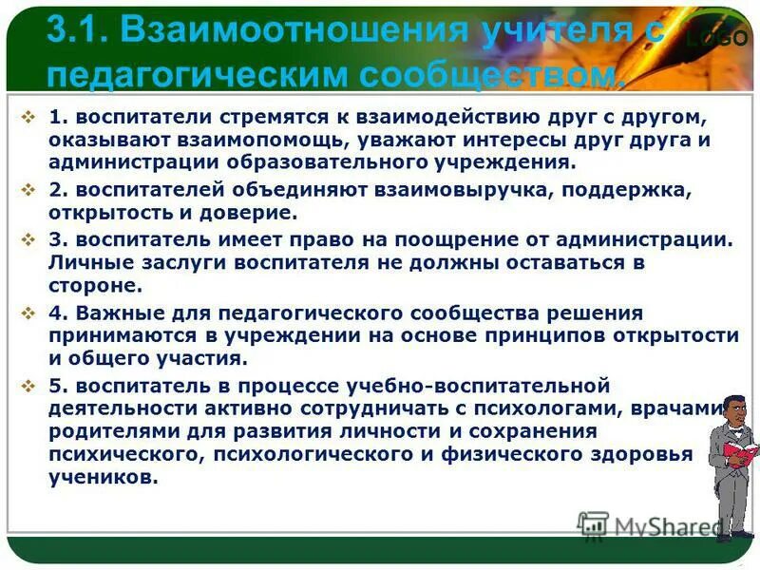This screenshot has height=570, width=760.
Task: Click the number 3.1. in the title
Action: (x=78, y=32)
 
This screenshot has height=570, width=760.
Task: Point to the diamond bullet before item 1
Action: (x=28, y=117)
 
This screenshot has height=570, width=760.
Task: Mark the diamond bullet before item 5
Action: (x=28, y=386)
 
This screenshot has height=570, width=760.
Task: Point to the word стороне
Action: (x=95, y=285)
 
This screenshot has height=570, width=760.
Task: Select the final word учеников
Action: (x=104, y=477)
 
